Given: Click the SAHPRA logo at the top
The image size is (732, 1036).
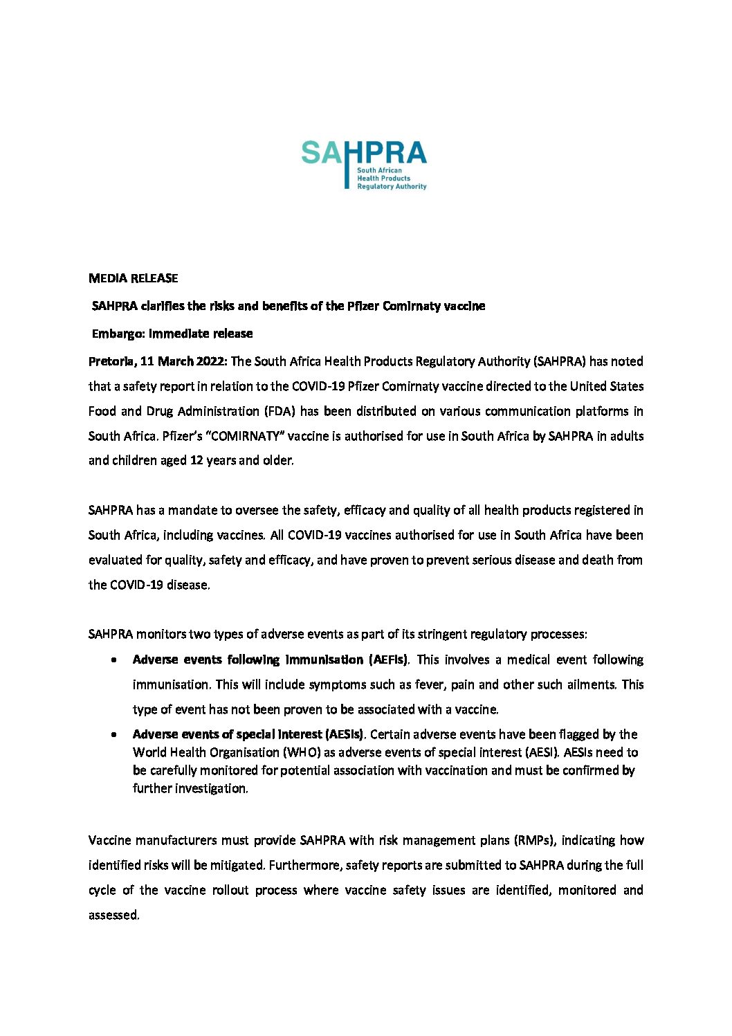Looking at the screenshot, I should [364, 164].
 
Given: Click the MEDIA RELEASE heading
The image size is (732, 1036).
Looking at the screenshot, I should [134, 278].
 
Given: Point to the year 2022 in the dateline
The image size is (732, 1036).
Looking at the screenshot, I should [210, 361].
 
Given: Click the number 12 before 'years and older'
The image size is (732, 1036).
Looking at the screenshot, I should [196, 461].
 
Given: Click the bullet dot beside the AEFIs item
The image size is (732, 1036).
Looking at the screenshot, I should [113, 660].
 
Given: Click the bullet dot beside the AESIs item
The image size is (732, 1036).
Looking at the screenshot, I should [113, 735].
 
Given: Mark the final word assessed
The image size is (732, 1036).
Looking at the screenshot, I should [113, 915].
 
